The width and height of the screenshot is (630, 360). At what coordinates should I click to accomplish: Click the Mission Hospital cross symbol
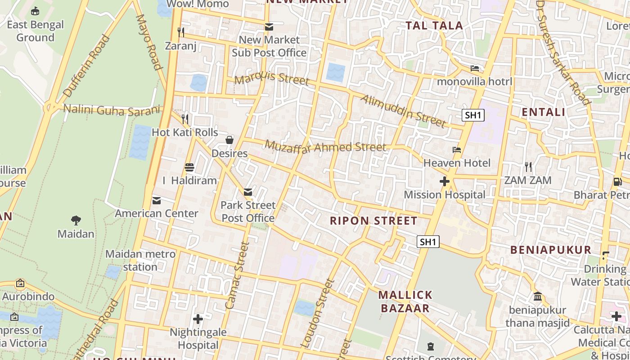click(x=445, y=181)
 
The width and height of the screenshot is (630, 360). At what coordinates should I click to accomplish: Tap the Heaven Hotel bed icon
click(x=457, y=149)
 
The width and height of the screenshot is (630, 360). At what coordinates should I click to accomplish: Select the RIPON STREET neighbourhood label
click(x=373, y=221)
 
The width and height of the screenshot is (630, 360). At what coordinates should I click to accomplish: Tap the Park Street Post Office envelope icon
click(x=247, y=192)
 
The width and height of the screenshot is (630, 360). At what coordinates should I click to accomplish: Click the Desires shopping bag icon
click(x=229, y=140)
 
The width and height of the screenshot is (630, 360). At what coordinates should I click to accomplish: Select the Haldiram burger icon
click(x=189, y=167)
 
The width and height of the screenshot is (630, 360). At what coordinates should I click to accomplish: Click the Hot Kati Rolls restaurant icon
click(x=184, y=119)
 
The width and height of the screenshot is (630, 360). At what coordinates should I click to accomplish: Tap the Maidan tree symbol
click(x=76, y=220)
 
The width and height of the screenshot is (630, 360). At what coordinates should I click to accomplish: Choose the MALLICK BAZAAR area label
click(x=405, y=301)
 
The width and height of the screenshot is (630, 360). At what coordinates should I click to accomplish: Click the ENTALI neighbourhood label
click(x=543, y=112)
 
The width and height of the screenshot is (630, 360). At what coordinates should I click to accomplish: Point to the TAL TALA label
click(x=434, y=26)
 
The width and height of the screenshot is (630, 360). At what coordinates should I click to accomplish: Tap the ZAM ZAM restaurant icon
click(x=528, y=167)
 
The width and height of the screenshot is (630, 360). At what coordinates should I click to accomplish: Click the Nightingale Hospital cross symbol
click(x=198, y=319)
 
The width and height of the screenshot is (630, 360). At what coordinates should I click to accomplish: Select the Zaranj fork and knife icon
click(x=181, y=32)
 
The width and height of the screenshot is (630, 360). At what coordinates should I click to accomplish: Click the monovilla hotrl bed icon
click(x=475, y=68)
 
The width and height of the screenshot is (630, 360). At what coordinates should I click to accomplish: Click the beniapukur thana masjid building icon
click(x=538, y=297)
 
